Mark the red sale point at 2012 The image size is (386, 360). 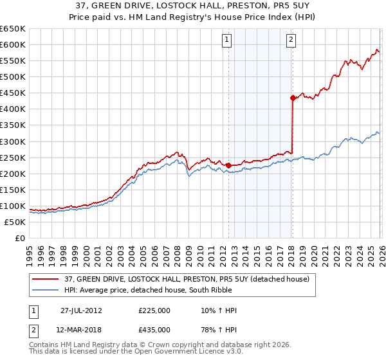pos(228,165)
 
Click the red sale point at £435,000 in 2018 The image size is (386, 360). pos(293,98)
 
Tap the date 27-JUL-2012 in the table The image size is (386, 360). pos(82,310)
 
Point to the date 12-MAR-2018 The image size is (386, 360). pos(82,329)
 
